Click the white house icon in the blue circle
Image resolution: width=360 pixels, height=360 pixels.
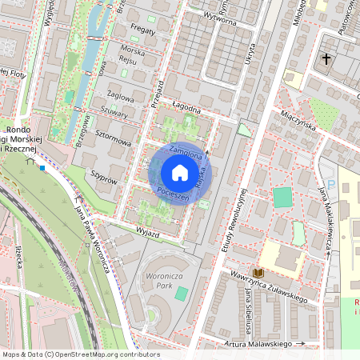tap(180, 174)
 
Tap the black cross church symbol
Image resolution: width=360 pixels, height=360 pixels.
tap(326, 58)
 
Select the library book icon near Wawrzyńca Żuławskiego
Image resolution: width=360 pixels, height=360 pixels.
tap(258, 274)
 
